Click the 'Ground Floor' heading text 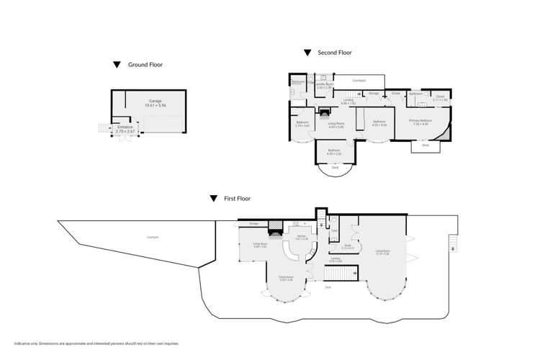(145, 65)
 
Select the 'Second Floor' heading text (335, 53)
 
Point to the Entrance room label (125, 130)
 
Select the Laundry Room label (324, 86)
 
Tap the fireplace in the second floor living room (324, 112)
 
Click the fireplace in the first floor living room (274, 232)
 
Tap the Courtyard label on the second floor (359, 80)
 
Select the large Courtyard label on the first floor (153, 237)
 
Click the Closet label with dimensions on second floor (440, 97)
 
